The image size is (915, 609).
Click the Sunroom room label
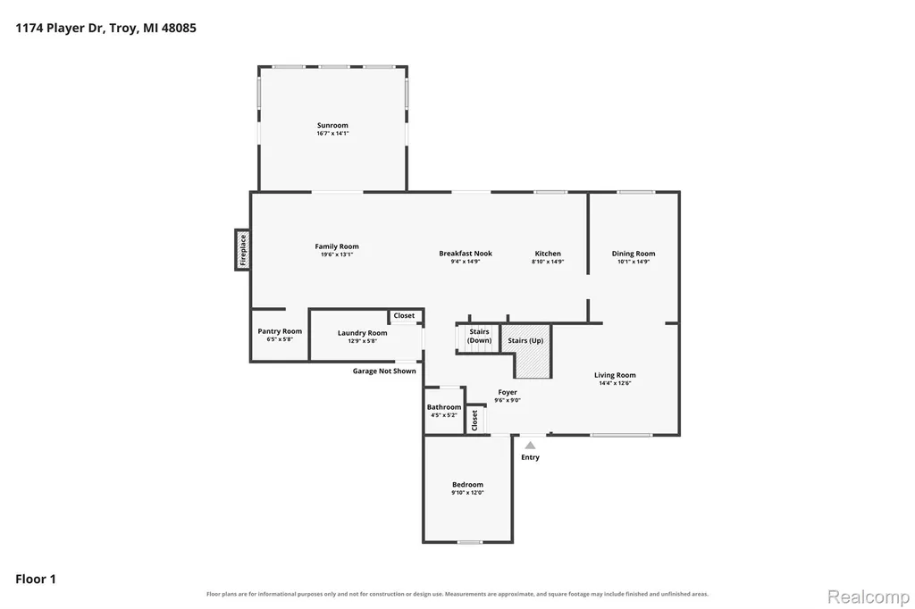[332, 125]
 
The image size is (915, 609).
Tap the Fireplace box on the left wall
[242, 250]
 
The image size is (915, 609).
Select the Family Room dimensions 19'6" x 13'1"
[337, 254]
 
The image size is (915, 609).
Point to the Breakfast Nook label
[466, 254]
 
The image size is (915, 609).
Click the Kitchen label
[548, 254]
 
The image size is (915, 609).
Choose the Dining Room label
[634, 254]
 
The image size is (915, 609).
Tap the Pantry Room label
[280, 331]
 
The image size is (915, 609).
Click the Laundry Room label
[363, 333]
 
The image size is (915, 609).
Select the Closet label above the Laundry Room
[404, 315]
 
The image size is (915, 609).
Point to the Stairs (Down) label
[479, 336]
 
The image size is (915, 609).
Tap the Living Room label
[615, 375]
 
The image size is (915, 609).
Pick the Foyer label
[508, 393]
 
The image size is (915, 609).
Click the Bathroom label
[444, 407]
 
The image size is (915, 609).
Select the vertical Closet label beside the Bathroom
[474, 420]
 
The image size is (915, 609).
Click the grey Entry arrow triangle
[530, 446]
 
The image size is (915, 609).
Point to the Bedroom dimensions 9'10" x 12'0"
[467, 492]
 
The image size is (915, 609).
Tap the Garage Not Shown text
[384, 371]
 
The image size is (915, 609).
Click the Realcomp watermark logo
[869, 596]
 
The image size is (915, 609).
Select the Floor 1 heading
[36, 580]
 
